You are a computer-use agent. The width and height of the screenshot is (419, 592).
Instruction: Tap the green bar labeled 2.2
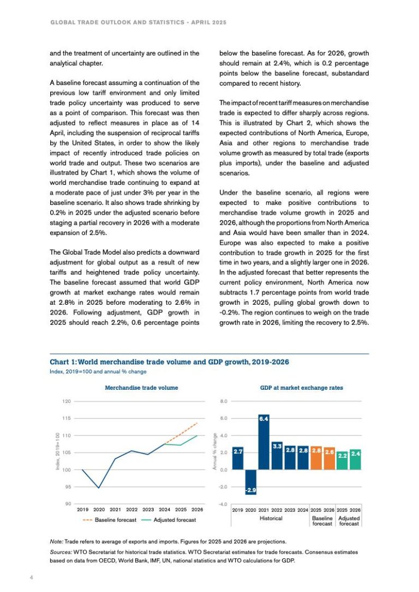(343, 461)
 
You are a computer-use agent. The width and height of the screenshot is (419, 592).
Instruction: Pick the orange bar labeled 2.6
(330, 459)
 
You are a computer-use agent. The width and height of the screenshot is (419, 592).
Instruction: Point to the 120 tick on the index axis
(67, 401)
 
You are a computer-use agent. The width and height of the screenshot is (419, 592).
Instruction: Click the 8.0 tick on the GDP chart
(224, 401)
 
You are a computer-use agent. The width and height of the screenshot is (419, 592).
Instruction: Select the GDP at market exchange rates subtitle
(302, 388)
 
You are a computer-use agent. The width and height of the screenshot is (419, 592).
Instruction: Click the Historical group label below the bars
(271, 518)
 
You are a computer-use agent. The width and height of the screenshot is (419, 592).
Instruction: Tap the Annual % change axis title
(215, 452)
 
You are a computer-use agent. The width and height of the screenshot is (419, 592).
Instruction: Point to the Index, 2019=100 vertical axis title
(57, 452)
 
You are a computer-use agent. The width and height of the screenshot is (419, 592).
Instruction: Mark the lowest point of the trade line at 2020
(99, 487)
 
